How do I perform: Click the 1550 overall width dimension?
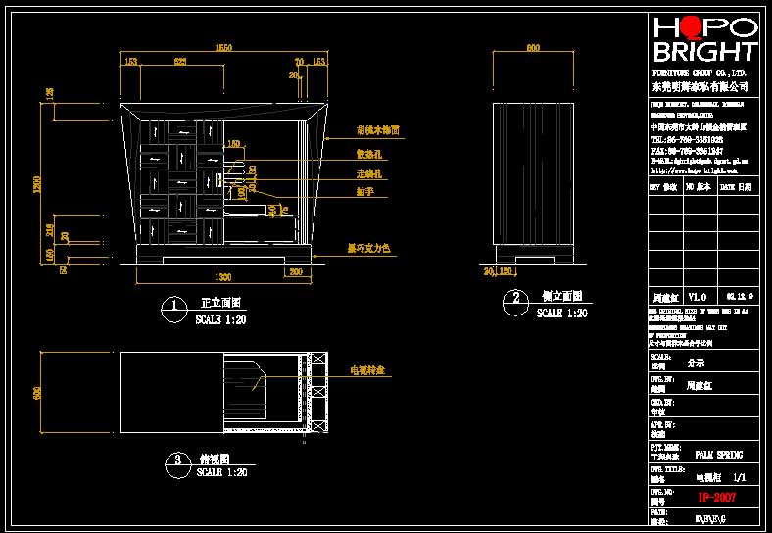pyautogui.click(x=223, y=47)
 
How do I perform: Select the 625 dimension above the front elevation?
pyautogui.click(x=180, y=62)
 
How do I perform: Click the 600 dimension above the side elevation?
pyautogui.click(x=533, y=47)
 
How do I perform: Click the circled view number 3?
pyautogui.click(x=176, y=462)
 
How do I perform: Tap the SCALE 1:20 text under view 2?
pyautogui.click(x=562, y=314)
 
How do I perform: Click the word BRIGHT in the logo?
pyautogui.click(x=705, y=52)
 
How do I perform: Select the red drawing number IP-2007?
pyautogui.click(x=715, y=498)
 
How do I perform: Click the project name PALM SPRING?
pyautogui.click(x=718, y=455)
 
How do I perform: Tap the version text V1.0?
pyautogui.click(x=697, y=295)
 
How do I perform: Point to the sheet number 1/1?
pyautogui.click(x=740, y=477)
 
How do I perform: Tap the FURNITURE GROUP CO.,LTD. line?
pyautogui.click(x=700, y=73)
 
